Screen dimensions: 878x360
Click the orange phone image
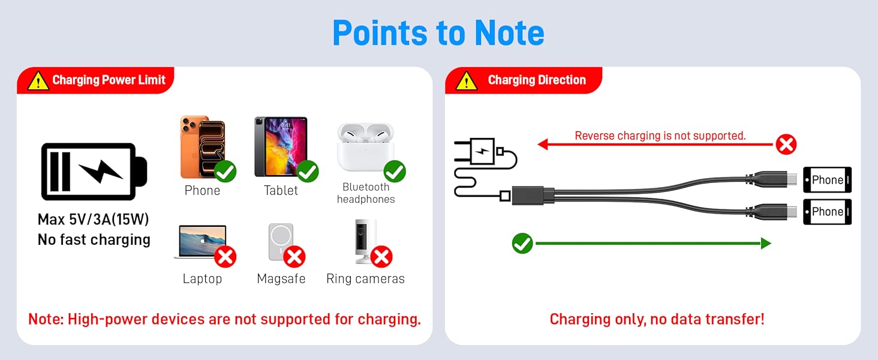(x=203, y=147)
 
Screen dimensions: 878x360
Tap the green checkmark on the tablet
(x=308, y=172)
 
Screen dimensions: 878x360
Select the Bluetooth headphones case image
(x=365, y=147)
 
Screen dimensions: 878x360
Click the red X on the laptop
(x=225, y=257)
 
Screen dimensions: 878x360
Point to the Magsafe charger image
(x=281, y=242)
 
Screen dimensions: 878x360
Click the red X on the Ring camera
(x=381, y=257)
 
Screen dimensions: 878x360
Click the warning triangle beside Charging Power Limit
(x=38, y=81)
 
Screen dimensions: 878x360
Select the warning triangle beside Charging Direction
(x=467, y=81)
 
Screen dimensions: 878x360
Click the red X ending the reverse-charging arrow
(x=786, y=145)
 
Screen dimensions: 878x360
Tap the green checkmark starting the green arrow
(x=522, y=243)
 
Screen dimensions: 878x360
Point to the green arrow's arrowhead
(x=766, y=243)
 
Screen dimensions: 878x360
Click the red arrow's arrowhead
(x=543, y=145)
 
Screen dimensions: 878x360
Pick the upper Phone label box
(x=828, y=179)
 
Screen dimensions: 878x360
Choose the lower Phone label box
(x=828, y=212)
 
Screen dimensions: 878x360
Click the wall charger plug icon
(x=480, y=151)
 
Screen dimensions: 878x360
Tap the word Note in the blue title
(x=509, y=33)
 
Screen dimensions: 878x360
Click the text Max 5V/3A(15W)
(x=94, y=219)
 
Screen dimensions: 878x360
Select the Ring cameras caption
(x=365, y=278)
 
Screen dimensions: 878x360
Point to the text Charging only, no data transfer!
(x=657, y=319)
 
